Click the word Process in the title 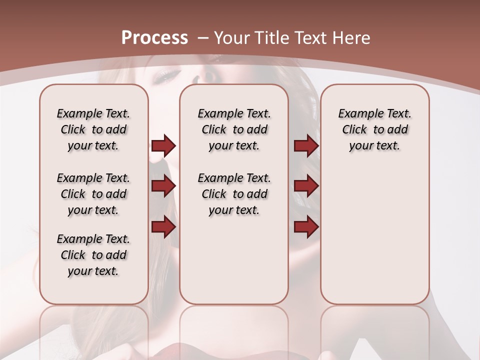pos(154,37)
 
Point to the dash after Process pos(203,38)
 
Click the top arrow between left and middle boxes pos(163,145)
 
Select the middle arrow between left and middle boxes pos(163,186)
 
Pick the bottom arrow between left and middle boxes pos(163,227)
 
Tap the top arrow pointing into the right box pos(306,145)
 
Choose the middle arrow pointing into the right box pos(306,186)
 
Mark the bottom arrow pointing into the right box pos(306,227)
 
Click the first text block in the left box pos(93,129)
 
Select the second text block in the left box pos(93,194)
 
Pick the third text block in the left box pos(93,255)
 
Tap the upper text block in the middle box pos(234,129)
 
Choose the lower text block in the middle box pos(234,194)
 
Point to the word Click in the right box pos(354,130)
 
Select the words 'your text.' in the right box pos(374,146)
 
